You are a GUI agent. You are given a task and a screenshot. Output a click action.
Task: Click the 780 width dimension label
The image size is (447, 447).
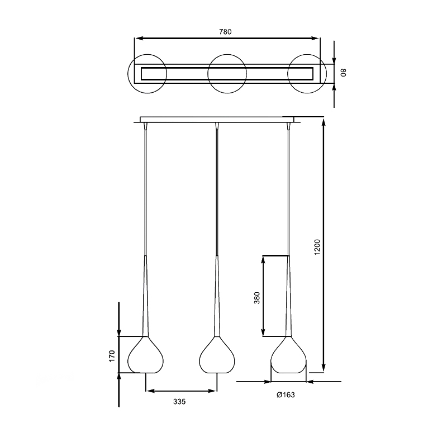click(x=225, y=32)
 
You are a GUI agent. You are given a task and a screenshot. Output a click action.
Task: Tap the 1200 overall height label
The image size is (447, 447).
click(x=317, y=247)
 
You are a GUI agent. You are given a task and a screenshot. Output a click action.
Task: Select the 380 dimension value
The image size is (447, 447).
click(x=257, y=298)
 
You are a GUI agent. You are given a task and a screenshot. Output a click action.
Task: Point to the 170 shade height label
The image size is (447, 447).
click(x=112, y=356)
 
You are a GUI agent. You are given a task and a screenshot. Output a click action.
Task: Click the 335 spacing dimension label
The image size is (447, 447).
click(x=179, y=402)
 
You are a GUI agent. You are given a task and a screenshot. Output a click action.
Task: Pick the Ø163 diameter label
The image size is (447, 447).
click(x=286, y=395)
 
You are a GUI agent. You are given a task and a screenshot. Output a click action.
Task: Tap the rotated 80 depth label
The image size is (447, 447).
click(x=343, y=73)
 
